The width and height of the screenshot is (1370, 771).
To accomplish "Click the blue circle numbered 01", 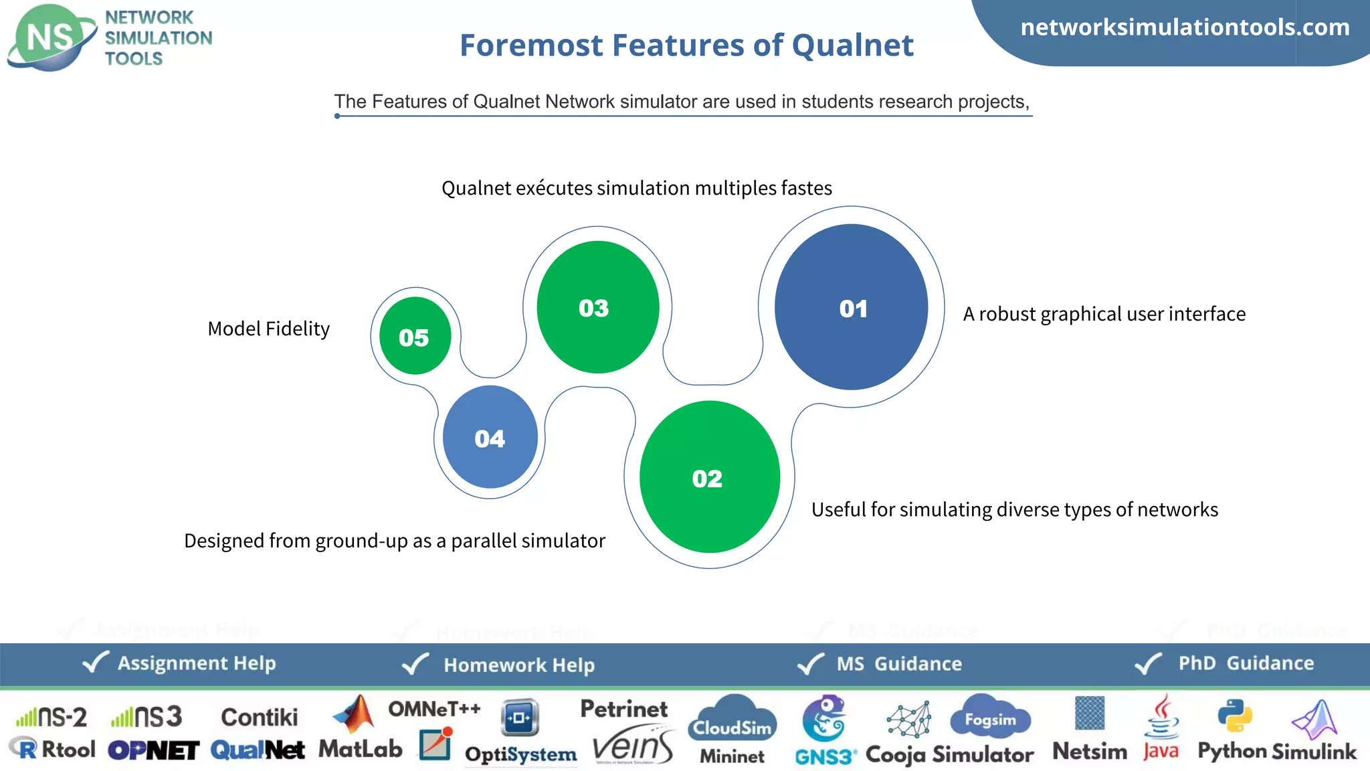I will tap(851, 307).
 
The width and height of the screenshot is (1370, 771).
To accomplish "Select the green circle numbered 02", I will tap(709, 477).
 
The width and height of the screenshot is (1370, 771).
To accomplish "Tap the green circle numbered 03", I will tap(597, 307).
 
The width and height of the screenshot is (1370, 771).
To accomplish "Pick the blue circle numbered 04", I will tap(490, 437).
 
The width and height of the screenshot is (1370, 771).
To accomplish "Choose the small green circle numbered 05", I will tap(415, 336).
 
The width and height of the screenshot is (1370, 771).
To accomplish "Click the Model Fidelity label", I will tap(268, 329).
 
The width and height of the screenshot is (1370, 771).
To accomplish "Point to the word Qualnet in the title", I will tap(852, 46).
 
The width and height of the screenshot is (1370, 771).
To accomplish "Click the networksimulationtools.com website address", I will tap(1184, 27).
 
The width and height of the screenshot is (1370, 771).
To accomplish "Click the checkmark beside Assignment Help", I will tap(95, 662).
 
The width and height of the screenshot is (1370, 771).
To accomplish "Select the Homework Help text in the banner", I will tap(519, 665).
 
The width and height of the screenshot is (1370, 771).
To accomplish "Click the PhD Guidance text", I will tap(1246, 663).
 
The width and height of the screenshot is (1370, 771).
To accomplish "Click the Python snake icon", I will tap(1234, 715).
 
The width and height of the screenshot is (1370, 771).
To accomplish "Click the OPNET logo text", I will tap(153, 750).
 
